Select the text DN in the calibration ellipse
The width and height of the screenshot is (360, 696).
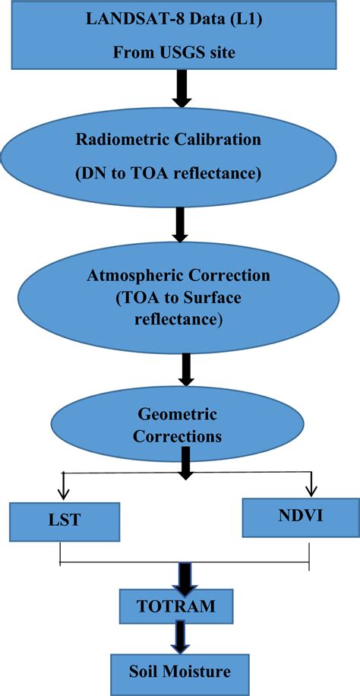pos(90,174)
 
